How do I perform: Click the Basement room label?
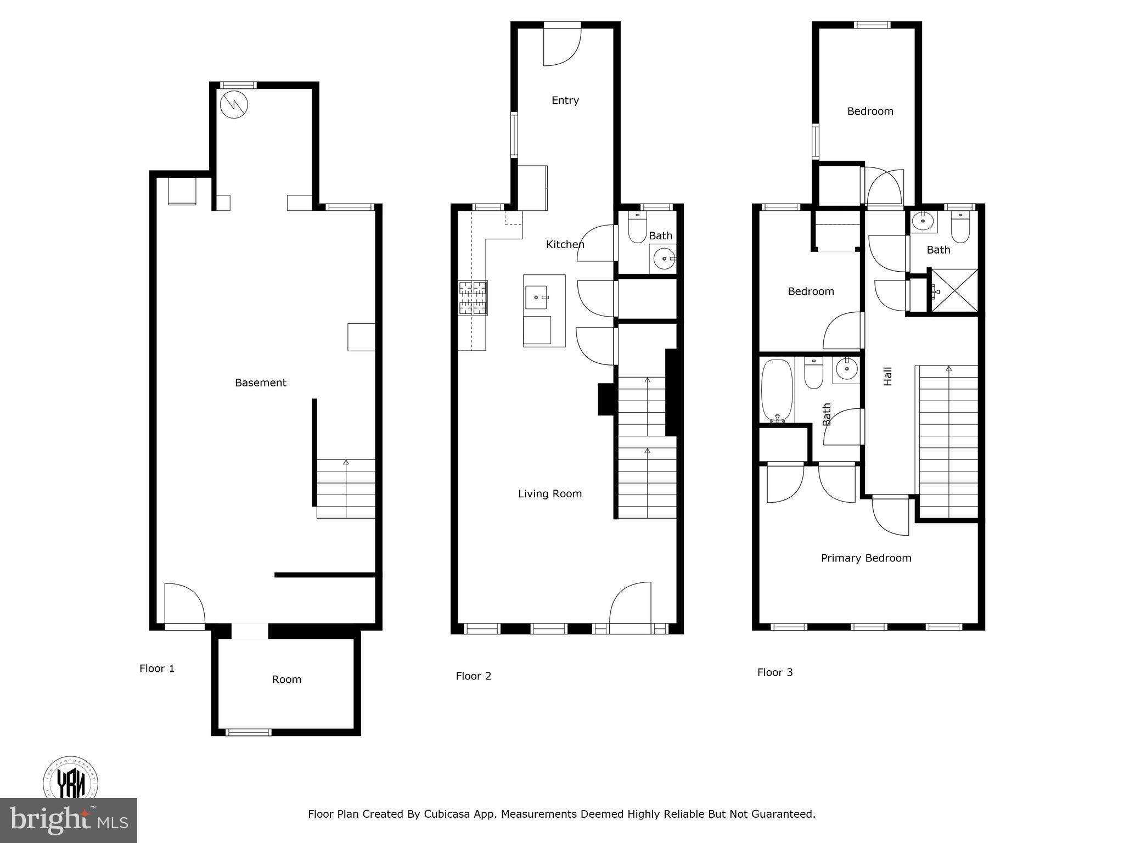[x=260, y=383]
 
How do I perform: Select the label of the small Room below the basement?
[x=286, y=679]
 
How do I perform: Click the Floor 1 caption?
[x=157, y=668]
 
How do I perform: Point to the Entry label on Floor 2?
[x=565, y=100]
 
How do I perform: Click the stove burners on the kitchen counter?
[x=473, y=298]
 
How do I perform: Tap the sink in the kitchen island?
[x=537, y=297]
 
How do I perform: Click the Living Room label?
[x=549, y=494]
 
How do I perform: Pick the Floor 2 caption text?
[x=473, y=676]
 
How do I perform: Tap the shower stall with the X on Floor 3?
[x=954, y=290]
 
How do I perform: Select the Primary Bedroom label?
[x=866, y=558]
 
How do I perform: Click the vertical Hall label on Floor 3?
[x=887, y=376]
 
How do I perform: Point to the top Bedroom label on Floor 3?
[x=870, y=111]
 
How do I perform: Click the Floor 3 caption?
[x=774, y=672]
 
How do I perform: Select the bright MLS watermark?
[x=69, y=820]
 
